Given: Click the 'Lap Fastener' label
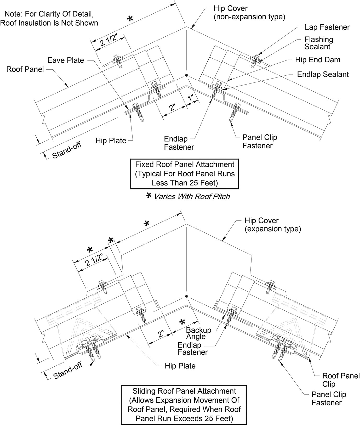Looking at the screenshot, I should coord(327,27).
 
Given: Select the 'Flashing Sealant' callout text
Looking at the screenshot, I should coord(318,43).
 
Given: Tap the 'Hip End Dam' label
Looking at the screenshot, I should coord(317,60).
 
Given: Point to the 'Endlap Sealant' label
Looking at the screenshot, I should coord(323,74).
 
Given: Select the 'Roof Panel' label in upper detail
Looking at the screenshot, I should coord(25,69).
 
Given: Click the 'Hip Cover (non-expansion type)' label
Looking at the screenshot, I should coord(249,13).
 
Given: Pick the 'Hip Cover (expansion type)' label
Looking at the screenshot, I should coord(272,225).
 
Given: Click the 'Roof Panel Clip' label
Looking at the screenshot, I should coord(340,380).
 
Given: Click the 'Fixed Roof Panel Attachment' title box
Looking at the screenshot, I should coord(185,174).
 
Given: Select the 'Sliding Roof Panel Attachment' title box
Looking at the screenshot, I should coord(184,405).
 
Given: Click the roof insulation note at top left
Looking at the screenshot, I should coord(49,18).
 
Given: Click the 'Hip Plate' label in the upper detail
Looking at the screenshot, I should coord(111,141).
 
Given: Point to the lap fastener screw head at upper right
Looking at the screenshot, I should coord(255,56).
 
